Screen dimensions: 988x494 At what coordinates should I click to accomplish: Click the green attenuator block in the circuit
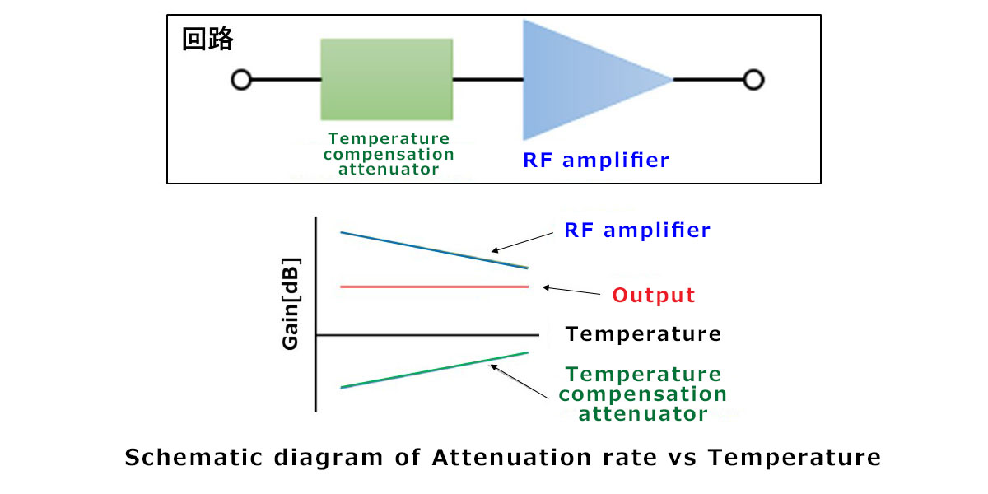point(386,79)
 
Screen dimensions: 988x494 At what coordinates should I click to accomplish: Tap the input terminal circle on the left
point(241,80)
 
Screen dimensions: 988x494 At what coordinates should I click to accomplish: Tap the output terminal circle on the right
point(753,80)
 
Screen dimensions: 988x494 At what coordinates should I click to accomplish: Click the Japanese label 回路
point(207,39)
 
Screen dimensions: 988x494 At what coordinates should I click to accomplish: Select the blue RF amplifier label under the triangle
point(596,160)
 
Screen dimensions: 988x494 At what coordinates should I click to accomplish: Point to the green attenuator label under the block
point(389,154)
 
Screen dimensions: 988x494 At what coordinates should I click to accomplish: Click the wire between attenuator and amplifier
point(487,80)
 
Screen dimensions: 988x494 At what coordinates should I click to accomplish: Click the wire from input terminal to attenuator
point(286,80)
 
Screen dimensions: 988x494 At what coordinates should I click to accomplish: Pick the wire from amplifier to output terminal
point(708,80)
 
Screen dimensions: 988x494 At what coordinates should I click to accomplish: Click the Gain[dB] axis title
point(291,304)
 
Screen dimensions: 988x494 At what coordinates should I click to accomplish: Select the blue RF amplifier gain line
point(435,250)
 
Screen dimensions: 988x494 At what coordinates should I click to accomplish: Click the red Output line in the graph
point(435,287)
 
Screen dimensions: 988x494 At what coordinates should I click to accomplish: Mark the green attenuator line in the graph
point(435,370)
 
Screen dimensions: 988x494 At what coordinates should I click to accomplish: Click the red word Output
point(653,295)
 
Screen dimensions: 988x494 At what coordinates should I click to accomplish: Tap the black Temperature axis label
point(643,334)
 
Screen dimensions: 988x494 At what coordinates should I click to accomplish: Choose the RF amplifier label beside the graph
point(637,230)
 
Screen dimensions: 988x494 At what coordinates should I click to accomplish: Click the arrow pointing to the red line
point(571,291)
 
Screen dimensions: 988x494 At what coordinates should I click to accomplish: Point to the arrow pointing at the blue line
point(522,242)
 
